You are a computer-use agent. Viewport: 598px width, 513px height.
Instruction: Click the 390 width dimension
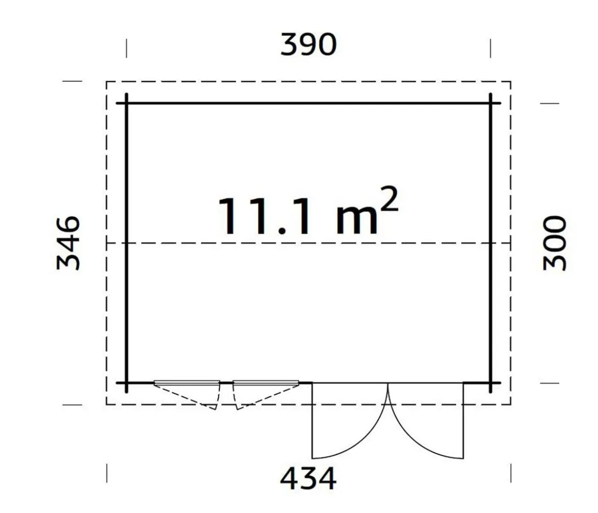coord(308,44)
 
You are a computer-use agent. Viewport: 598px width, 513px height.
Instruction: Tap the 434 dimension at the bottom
coord(308,478)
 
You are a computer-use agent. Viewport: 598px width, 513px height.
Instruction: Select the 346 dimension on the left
coord(68,243)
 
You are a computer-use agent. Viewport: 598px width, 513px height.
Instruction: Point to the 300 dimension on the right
coord(555,243)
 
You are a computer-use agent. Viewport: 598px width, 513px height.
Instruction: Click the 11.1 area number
coord(264,216)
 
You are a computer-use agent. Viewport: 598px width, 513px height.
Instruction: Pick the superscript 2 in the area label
coord(389,199)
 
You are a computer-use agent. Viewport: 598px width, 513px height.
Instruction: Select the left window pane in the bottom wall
coord(187,383)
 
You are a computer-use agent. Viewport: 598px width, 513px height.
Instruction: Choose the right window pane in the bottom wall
coord(266,383)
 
